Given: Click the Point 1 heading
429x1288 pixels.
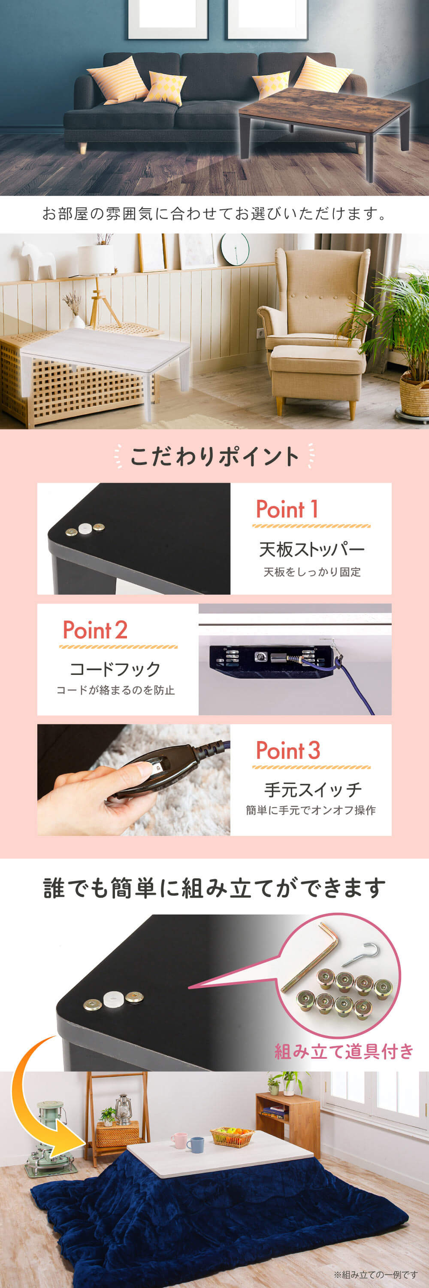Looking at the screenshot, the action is tap(287, 509).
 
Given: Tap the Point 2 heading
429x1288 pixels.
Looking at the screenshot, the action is tap(95, 630).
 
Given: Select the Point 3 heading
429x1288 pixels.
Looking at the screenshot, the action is tap(288, 750).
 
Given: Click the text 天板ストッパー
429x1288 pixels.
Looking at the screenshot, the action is tap(311, 549).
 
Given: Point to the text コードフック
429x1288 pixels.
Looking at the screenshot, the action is tap(115, 668).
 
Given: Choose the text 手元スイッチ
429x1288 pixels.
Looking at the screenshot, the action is tap(313, 790).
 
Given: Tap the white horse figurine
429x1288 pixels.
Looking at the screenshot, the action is tap(38, 261).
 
